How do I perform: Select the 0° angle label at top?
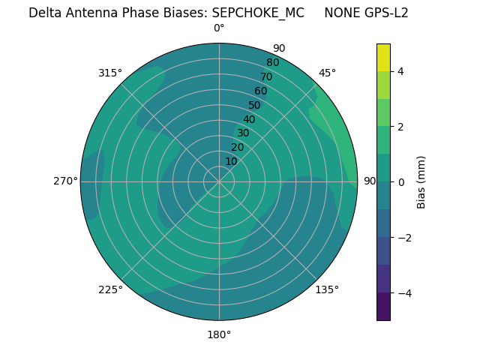click(219, 28)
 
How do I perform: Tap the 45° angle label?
click(327, 73)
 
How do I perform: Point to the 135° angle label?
click(327, 289)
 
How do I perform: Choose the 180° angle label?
click(219, 334)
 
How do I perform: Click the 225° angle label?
click(110, 289)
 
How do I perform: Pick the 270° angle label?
click(65, 181)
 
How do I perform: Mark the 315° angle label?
click(110, 73)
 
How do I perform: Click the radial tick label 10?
click(231, 161)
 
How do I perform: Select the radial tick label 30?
click(243, 133)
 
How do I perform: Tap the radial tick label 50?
click(255, 106)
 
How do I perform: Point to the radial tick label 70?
click(267, 77)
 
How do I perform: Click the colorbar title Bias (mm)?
click(421, 182)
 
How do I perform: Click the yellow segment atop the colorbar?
click(383, 58)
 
